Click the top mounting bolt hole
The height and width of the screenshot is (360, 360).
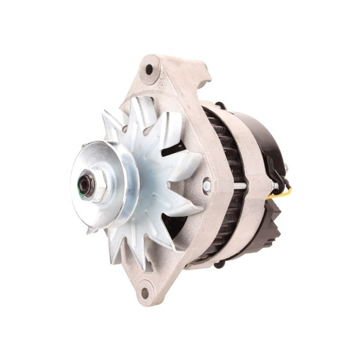coord(150,69)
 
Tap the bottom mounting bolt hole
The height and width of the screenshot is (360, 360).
coord(145,291)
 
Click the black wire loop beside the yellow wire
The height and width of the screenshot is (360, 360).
coord(280,182)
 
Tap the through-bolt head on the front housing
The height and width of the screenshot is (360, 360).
coord(206,186)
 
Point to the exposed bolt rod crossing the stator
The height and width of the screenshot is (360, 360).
coord(238,186)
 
